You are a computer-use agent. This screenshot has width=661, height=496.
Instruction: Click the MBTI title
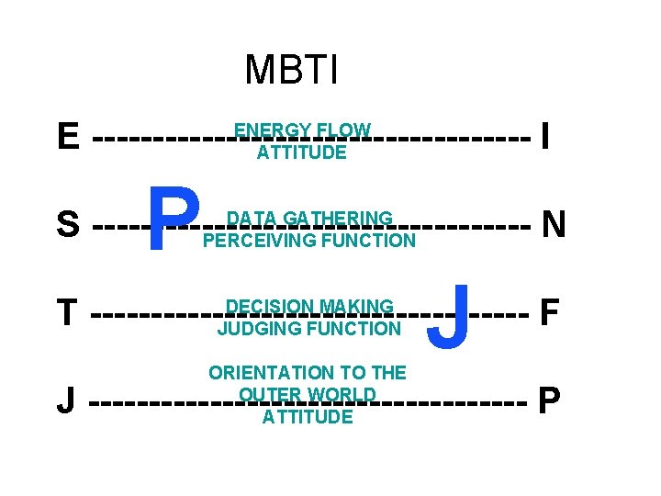pyautogui.click(x=292, y=69)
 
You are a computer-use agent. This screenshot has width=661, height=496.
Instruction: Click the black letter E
pyautogui.click(x=67, y=139)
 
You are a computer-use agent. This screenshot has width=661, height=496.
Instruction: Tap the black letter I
pyautogui.click(x=545, y=138)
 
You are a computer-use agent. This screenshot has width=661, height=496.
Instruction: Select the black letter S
pyautogui.click(x=67, y=224)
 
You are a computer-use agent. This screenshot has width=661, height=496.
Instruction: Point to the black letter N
pyautogui.click(x=553, y=223)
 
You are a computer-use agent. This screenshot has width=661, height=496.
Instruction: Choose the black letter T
pyautogui.click(x=66, y=313)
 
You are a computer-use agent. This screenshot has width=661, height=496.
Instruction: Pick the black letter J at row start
pyautogui.click(x=65, y=401)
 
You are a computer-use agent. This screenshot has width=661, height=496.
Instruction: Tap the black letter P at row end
pyautogui.click(x=549, y=400)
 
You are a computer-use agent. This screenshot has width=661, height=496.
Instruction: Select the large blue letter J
pyautogui.click(x=451, y=317)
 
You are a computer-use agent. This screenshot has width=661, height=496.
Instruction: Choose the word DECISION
pyautogui.click(x=266, y=307)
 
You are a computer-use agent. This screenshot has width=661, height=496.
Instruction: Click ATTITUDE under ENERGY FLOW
pyautogui.click(x=302, y=152)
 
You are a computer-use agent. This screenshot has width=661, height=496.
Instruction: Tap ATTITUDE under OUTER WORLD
pyautogui.click(x=308, y=417)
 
